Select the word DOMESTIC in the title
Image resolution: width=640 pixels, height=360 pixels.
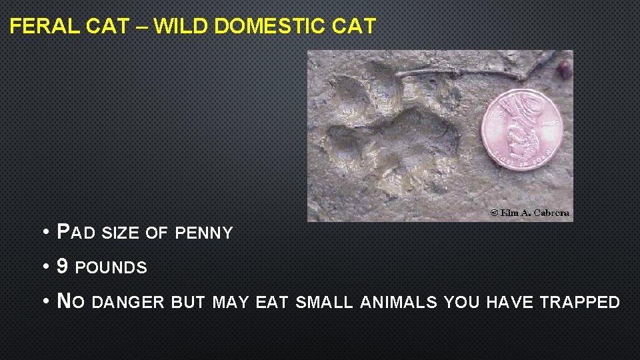tap(270, 27)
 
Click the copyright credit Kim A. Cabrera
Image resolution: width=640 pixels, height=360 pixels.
tap(531, 213)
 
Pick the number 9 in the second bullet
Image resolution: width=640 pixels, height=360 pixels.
tap(63, 267)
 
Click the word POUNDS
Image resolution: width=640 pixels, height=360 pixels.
tap(111, 268)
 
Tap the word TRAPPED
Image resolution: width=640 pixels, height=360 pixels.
tap(580, 303)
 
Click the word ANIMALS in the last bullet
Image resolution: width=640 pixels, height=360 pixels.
tap(399, 303)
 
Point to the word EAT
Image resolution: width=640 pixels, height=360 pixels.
tap(271, 303)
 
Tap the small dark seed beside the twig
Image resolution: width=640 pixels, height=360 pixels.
tap(564, 68)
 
